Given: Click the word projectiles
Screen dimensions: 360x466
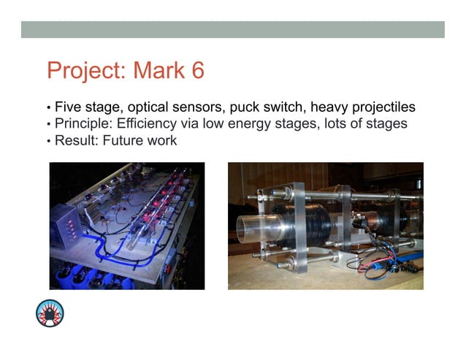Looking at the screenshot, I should [374, 107].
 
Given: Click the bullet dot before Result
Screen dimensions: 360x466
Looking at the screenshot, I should [49, 141].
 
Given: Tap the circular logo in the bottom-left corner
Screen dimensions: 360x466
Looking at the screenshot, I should [50, 313].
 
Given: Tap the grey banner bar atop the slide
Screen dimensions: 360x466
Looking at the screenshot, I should [232, 29].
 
